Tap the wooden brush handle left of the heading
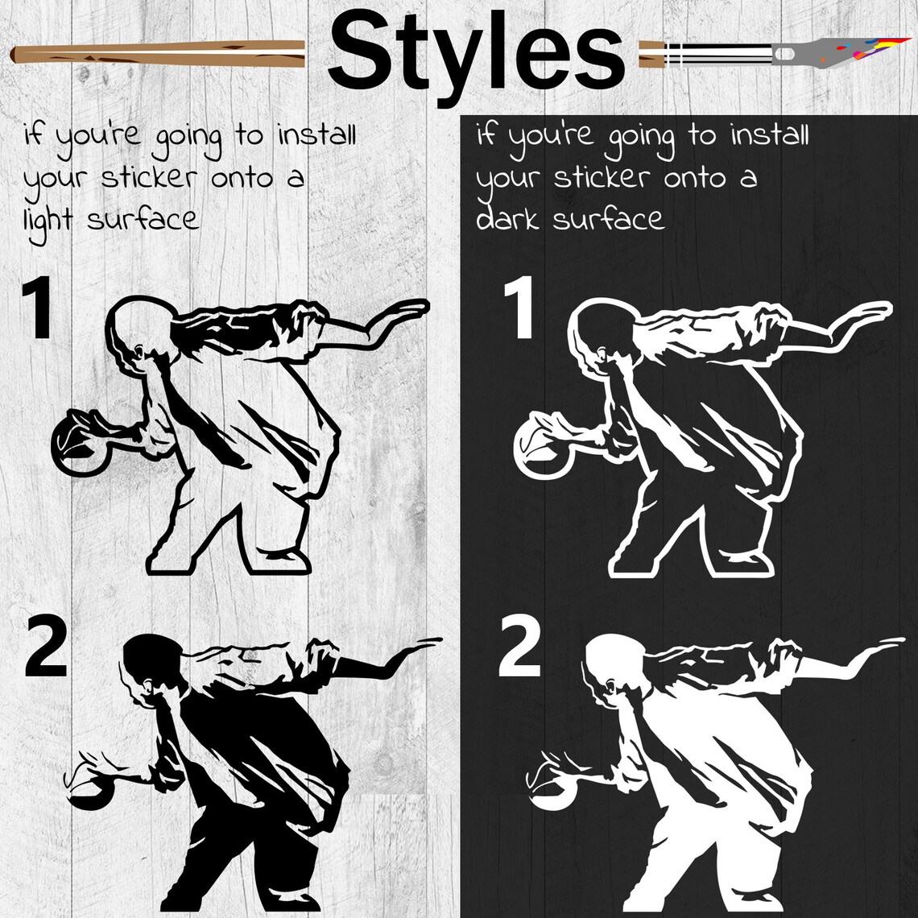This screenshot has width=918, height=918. (x=157, y=54)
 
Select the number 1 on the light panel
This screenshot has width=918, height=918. (x=38, y=308)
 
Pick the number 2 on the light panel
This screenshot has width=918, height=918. (x=46, y=647)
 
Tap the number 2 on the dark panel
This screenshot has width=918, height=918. (x=519, y=647)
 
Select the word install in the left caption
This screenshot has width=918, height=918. (x=316, y=134)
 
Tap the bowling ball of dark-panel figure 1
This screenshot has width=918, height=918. (x=542, y=446)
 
